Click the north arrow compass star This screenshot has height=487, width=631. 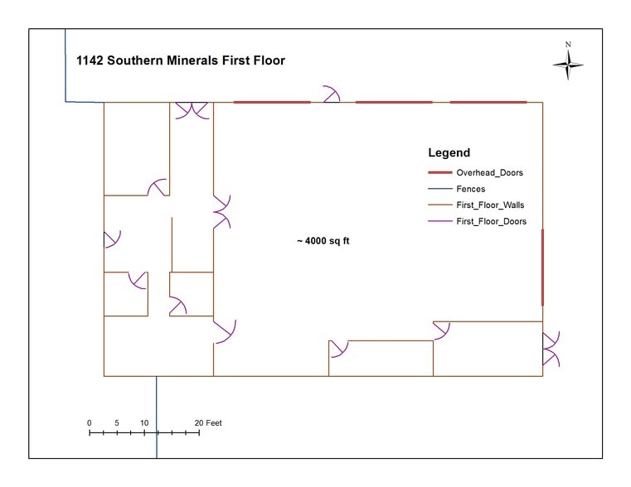(x=568, y=65)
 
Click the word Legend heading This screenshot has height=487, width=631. (x=449, y=152)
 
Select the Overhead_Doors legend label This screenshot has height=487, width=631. (x=490, y=173)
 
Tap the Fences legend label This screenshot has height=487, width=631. (x=471, y=189)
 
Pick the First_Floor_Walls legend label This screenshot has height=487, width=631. (x=490, y=205)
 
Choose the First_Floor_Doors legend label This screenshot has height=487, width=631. (x=492, y=221)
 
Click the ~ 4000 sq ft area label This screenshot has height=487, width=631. (x=323, y=241)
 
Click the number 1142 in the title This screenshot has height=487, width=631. (x=90, y=60)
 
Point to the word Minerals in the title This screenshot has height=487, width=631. (x=192, y=60)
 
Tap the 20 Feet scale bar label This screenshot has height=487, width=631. (x=208, y=422)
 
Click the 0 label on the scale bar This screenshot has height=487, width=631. (x=90, y=422)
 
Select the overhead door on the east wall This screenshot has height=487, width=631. (x=543, y=268)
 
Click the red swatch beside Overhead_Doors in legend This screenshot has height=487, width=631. (x=439, y=173)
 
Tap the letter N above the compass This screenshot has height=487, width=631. (x=568, y=45)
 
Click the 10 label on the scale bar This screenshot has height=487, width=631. (x=144, y=422)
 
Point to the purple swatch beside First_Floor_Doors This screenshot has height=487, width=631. (x=439, y=221)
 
